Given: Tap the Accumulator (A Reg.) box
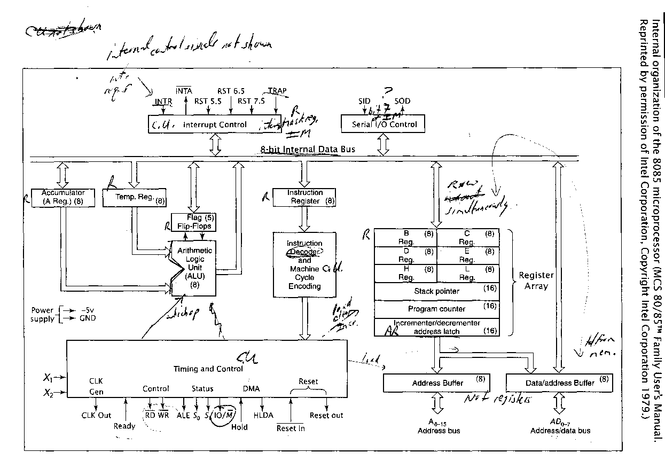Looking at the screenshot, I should (63, 197).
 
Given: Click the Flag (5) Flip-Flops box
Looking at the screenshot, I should (194, 222).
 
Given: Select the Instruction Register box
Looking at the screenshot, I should (304, 197).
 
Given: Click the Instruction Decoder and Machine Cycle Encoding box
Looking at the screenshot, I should (304, 264).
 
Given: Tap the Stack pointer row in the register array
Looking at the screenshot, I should (436, 292).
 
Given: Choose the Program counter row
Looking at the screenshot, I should (436, 309).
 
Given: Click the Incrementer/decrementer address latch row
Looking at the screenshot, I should (436, 327).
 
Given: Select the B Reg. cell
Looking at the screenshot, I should (405, 237).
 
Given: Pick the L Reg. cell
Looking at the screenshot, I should (468, 274).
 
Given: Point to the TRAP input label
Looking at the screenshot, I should (277, 91).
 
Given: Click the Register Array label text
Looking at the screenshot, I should (536, 280).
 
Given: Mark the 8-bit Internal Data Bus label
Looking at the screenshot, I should (308, 150).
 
